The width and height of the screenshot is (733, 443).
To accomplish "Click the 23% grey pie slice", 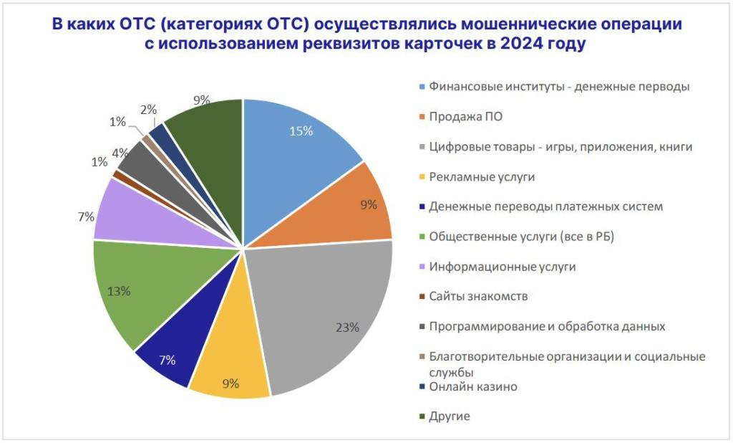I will [329, 315].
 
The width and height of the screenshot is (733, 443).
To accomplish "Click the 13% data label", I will [118, 291].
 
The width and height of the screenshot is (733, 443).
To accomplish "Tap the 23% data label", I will [348, 328].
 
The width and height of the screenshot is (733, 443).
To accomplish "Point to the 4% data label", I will [120, 152].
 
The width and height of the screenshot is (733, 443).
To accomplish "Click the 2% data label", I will [148, 109].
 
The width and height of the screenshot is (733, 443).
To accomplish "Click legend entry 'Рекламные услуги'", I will [482, 176].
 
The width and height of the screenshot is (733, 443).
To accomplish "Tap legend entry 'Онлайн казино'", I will [472, 387].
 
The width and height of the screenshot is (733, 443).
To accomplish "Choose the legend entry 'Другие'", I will [449, 416].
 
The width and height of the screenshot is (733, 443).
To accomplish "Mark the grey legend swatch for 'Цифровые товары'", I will [422, 147].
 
